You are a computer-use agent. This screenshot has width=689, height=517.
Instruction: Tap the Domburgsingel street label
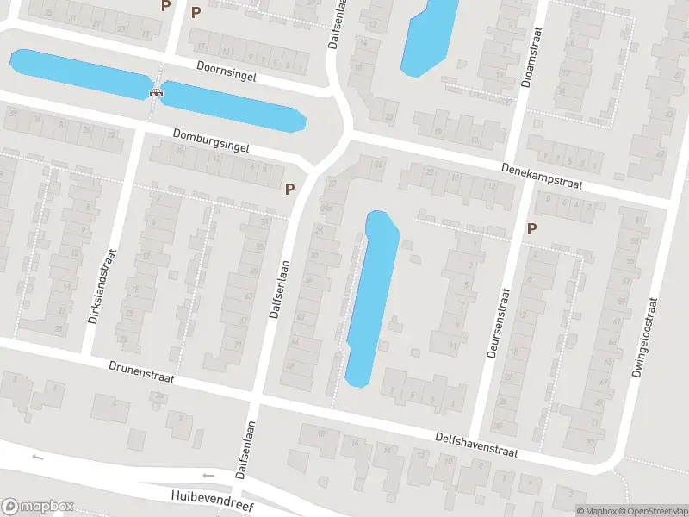(x=210, y=141)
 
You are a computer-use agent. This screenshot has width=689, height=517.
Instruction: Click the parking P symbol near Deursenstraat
(x=531, y=228)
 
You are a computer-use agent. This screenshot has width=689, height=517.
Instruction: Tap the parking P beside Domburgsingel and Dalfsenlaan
(x=289, y=188)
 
